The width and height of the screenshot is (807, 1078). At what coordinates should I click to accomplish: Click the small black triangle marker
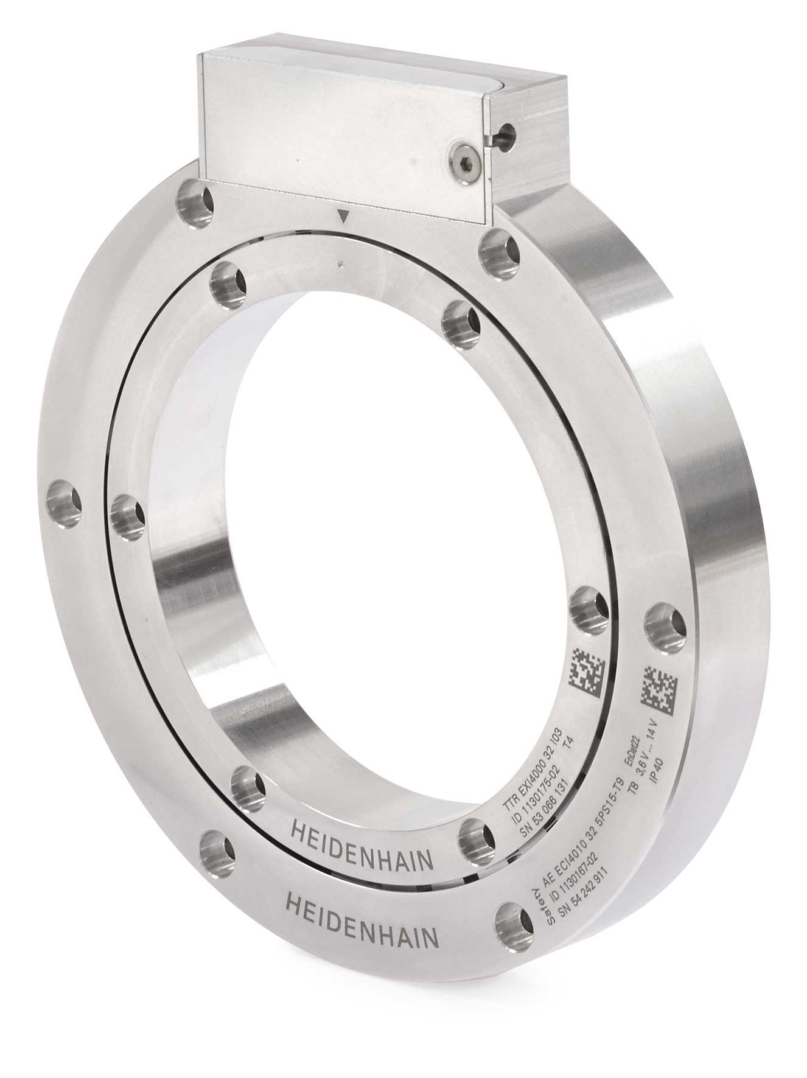click(345, 216)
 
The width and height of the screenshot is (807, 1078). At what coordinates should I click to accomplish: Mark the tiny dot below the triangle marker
click(343, 263)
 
